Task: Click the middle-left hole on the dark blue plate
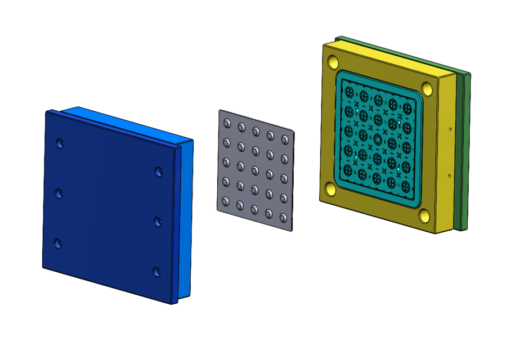[x=59, y=193]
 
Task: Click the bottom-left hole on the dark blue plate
[x=57, y=244]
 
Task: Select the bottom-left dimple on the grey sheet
[x=225, y=201]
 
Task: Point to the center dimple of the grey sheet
[x=255, y=170]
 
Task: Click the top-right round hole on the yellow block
[x=428, y=88]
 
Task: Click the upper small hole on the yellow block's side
[x=451, y=129]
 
